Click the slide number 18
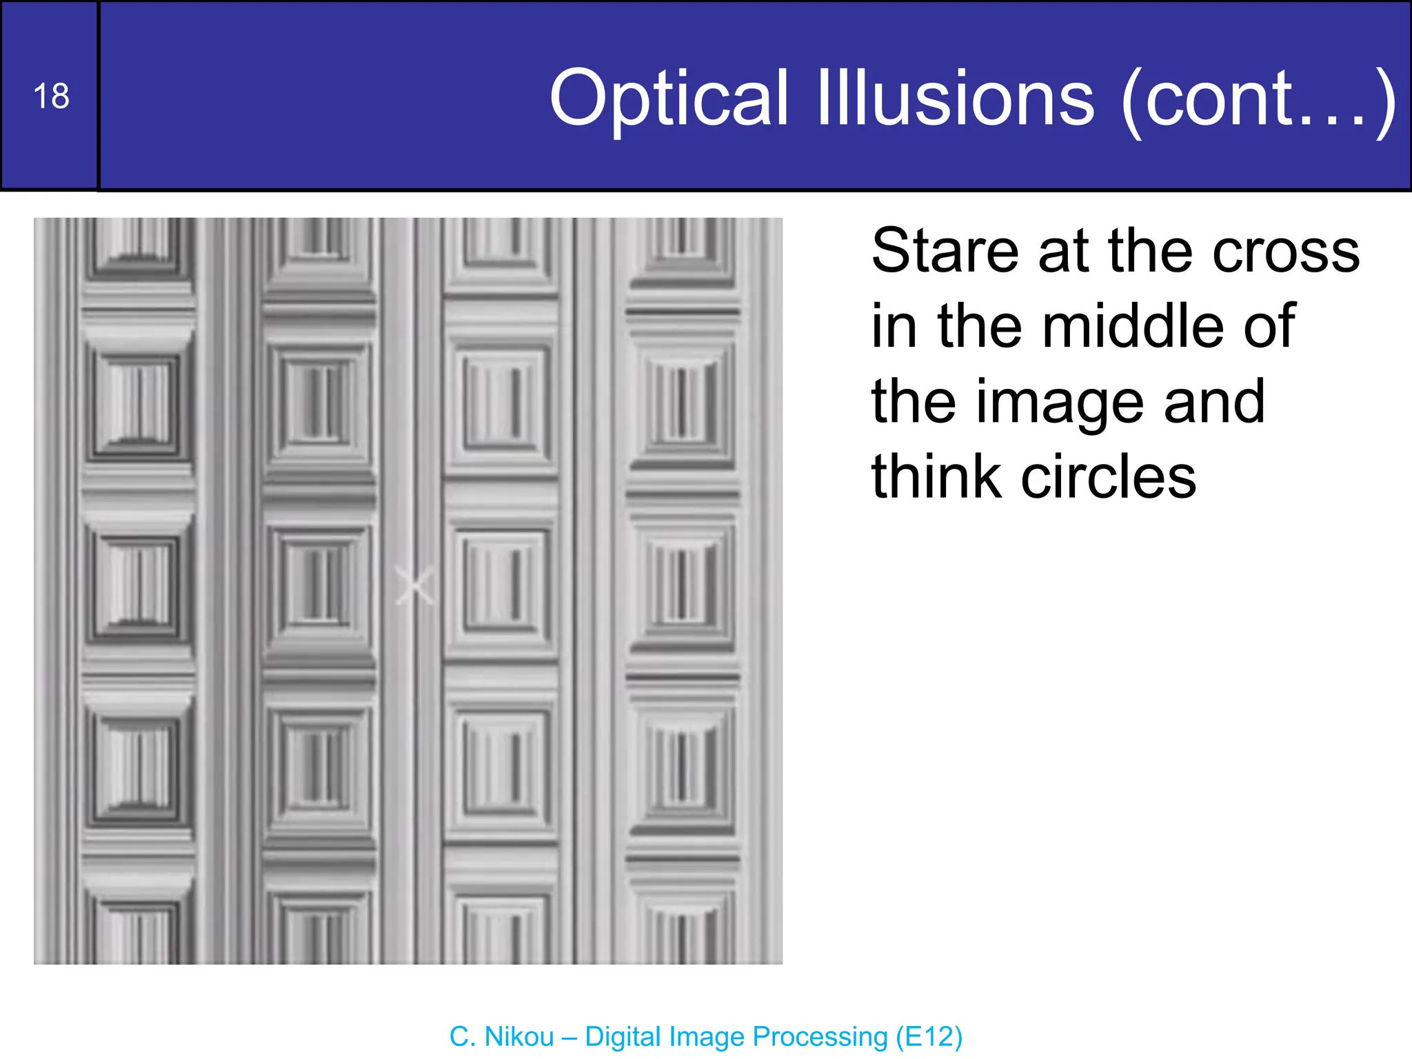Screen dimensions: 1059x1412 point(51,96)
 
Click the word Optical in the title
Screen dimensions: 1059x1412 point(668,99)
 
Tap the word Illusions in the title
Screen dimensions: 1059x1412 point(956,99)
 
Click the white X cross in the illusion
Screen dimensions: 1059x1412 point(415,585)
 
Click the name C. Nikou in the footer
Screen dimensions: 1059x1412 point(501,1037)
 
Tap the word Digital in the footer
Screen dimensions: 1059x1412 point(623,1037)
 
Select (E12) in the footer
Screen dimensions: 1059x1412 point(929,1037)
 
